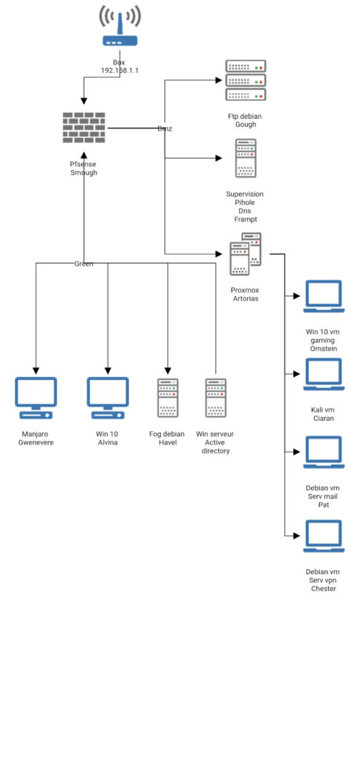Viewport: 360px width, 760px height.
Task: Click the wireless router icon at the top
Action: [x=120, y=26]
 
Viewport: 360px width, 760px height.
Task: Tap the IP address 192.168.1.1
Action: [x=120, y=71]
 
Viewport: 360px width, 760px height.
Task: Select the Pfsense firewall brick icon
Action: [x=84, y=128]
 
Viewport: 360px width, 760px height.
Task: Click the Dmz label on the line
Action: [x=165, y=128]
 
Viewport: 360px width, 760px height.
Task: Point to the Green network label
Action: [x=84, y=263]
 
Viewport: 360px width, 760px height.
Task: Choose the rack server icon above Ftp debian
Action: [x=246, y=80]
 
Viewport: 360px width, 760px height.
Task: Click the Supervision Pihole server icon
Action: [x=246, y=159]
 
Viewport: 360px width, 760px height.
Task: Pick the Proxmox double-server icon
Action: [x=245, y=254]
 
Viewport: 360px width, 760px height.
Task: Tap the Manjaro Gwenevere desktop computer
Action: [x=36, y=398]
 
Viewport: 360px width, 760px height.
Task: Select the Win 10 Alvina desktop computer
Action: [x=108, y=398]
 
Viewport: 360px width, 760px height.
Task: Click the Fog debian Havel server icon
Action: [x=168, y=398]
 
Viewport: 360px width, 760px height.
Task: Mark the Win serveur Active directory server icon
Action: [x=215, y=398]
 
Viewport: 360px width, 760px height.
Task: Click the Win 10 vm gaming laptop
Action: [x=324, y=296]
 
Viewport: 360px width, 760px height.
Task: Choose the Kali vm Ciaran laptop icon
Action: [x=324, y=374]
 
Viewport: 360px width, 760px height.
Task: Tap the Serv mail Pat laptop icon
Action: [x=324, y=452]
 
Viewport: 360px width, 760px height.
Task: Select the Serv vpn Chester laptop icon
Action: [x=324, y=536]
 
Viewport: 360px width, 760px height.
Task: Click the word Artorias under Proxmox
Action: [x=245, y=298]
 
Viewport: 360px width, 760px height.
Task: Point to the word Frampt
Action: [x=246, y=220]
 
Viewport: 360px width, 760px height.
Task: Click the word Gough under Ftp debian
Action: [x=246, y=125]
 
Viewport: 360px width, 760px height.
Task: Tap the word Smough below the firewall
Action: [x=84, y=172]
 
